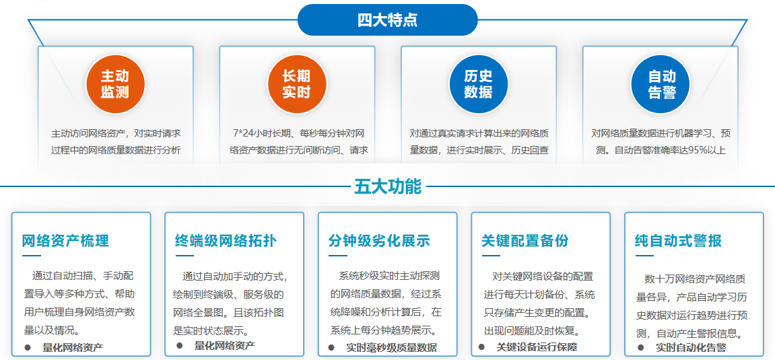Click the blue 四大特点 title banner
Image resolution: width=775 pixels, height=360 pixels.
point(387,20)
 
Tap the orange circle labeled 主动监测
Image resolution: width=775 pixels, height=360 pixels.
point(114,84)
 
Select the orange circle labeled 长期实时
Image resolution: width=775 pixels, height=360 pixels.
point(296,84)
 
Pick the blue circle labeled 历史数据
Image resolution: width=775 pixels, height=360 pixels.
point(478,84)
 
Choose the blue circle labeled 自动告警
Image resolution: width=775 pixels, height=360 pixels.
point(660,84)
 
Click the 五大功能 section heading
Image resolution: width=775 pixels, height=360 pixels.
point(388,186)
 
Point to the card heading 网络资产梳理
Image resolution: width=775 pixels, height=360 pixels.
point(65,241)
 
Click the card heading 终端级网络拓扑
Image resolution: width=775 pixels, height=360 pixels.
point(225,241)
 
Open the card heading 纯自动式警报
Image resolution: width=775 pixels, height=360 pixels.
point(678,241)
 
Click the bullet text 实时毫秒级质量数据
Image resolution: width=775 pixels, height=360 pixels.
point(391,348)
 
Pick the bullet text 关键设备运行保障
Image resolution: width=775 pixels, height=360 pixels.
point(537,347)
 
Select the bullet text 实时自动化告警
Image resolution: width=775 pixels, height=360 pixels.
point(691,348)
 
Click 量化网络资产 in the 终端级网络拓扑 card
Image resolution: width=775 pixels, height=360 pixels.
point(224,346)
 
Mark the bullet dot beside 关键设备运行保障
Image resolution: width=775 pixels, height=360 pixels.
point(481,347)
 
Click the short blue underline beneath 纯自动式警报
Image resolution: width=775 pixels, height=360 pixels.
point(644,256)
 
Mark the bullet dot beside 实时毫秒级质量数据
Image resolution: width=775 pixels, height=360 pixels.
point(331,347)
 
